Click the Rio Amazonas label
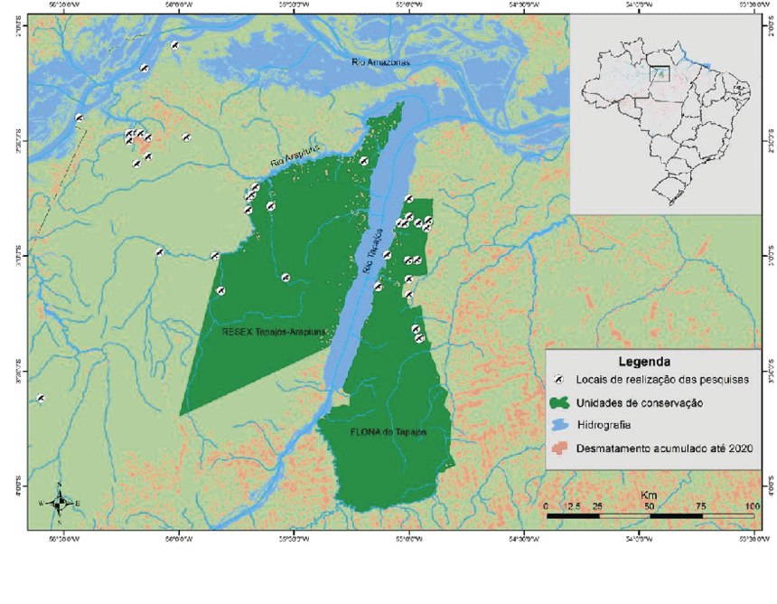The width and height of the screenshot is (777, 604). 380,61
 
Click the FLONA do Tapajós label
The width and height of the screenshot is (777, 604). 388,433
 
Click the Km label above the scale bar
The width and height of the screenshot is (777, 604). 648,495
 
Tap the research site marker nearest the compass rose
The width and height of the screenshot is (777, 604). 41,398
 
